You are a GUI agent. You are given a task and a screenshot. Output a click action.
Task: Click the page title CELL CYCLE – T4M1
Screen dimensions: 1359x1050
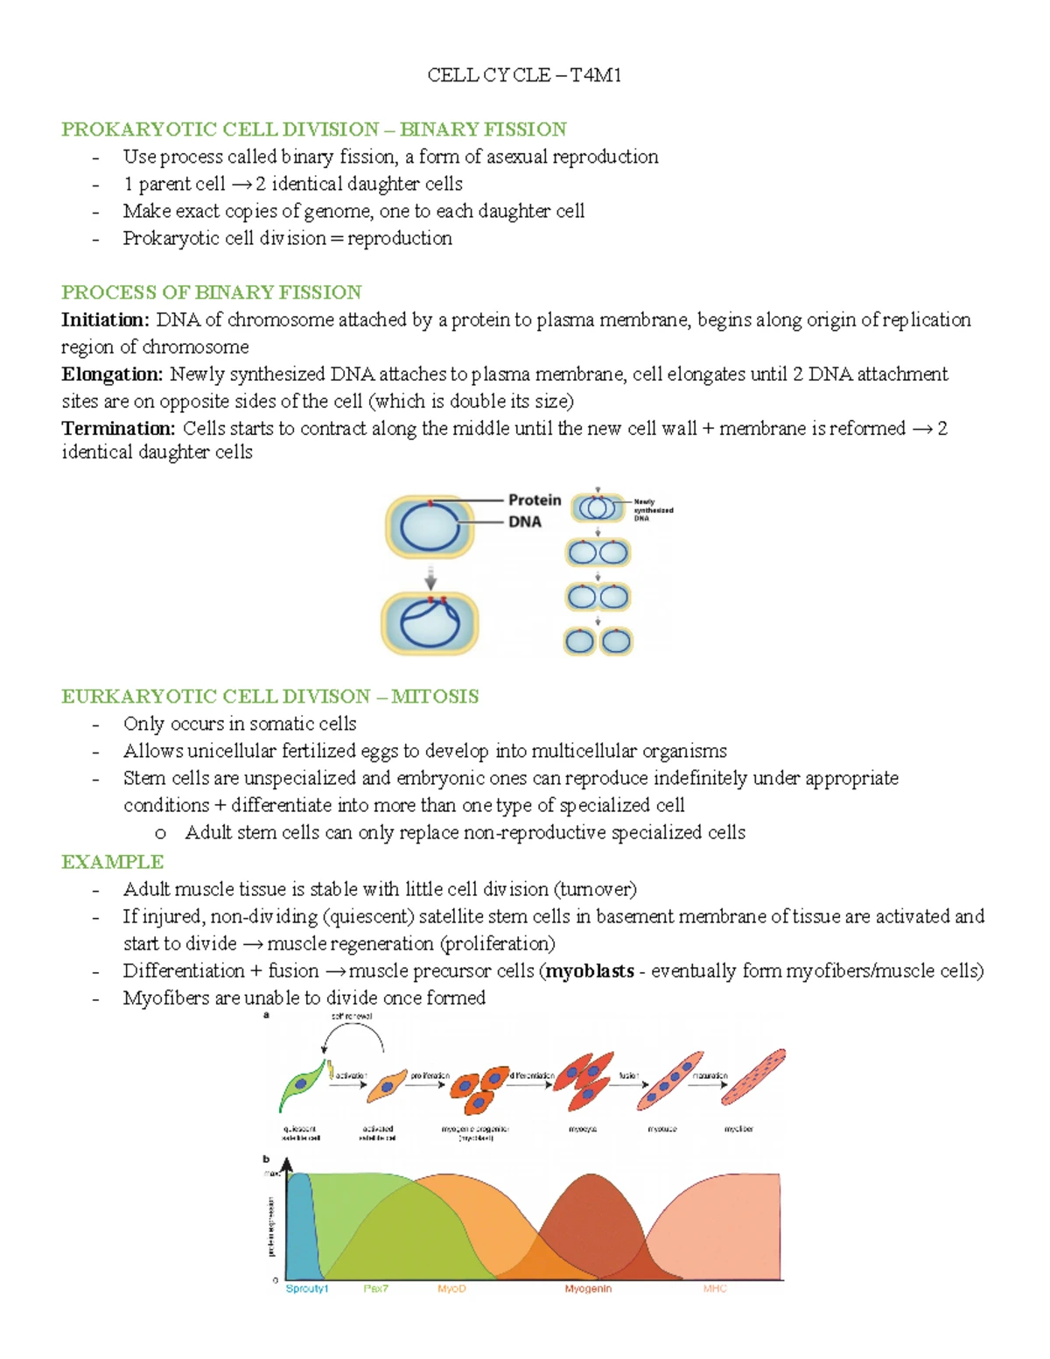tap(524, 75)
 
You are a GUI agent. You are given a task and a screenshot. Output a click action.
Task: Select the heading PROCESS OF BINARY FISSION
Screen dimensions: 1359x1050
tap(211, 292)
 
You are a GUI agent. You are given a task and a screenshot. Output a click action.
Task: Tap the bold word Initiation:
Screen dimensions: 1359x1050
tap(105, 319)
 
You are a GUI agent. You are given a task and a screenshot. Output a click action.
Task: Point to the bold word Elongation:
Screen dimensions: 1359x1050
tap(112, 375)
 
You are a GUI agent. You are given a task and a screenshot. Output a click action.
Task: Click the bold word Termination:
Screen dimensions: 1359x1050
tap(118, 429)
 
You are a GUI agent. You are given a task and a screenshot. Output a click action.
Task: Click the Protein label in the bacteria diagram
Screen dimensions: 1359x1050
tap(535, 500)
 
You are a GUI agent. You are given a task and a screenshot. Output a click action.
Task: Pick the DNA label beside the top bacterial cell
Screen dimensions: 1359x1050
tap(525, 522)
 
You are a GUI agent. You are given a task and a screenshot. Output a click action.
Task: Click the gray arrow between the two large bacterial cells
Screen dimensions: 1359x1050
tap(430, 577)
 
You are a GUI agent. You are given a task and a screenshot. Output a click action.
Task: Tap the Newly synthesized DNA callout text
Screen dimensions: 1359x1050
tap(653, 510)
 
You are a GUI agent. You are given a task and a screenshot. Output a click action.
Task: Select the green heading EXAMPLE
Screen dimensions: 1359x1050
tap(112, 862)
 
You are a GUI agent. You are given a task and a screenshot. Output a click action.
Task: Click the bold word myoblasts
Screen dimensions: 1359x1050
tap(590, 970)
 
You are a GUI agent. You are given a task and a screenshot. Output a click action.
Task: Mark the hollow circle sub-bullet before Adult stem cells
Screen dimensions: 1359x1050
tap(160, 834)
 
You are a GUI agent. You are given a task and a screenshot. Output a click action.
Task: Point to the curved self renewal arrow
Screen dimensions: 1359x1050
tap(353, 1033)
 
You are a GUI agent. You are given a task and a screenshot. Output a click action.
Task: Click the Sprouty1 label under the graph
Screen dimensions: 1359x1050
tap(307, 1289)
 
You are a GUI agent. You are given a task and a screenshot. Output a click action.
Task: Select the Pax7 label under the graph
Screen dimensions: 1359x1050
tap(375, 1289)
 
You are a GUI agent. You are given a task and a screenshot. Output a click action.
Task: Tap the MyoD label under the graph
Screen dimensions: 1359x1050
tap(451, 1289)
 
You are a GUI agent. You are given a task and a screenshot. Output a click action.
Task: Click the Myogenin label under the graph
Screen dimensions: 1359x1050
tap(588, 1289)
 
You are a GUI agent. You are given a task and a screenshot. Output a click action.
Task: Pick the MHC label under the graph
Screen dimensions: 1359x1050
tap(715, 1289)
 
